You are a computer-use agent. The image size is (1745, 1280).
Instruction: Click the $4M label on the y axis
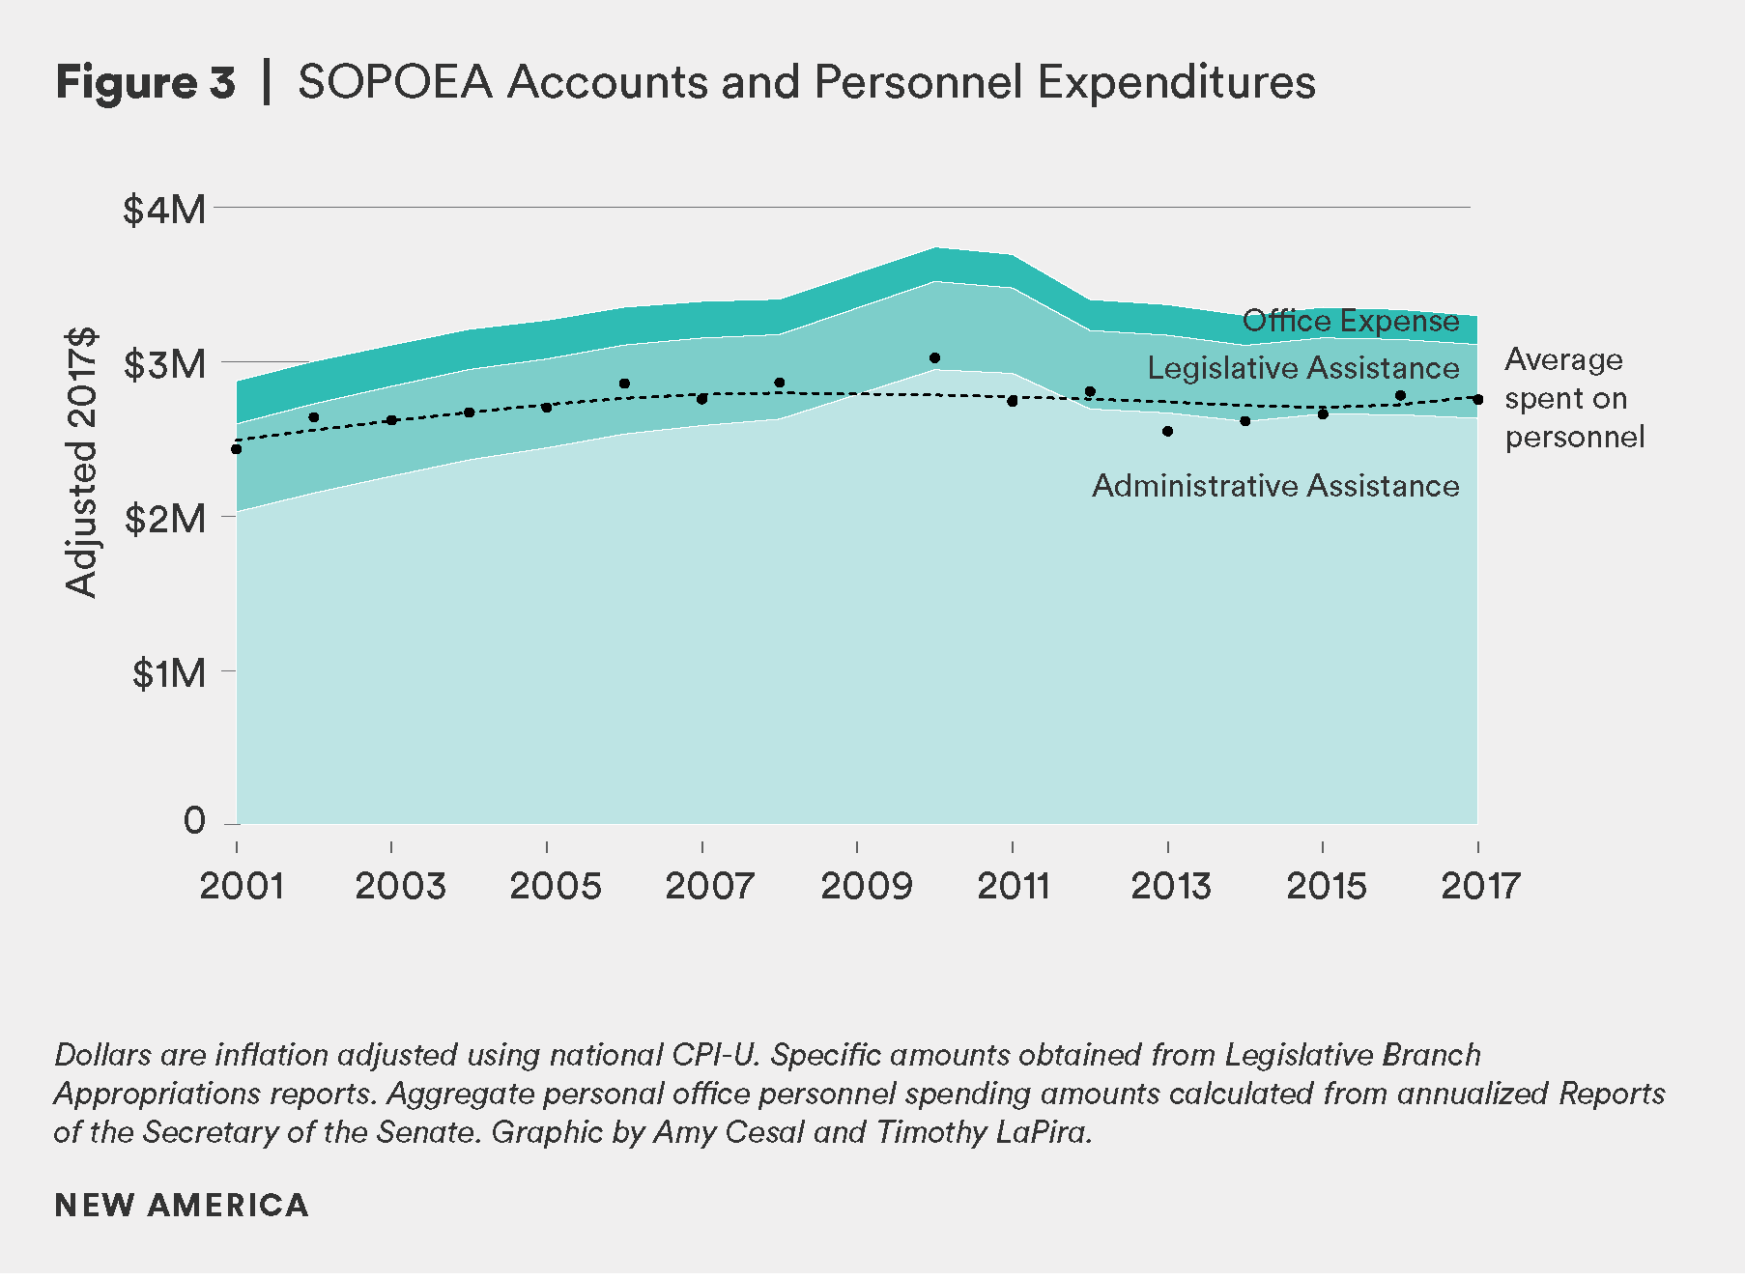click(x=164, y=210)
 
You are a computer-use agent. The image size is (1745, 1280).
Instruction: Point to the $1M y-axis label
click(x=169, y=673)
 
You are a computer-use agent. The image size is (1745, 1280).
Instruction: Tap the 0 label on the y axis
click(x=194, y=821)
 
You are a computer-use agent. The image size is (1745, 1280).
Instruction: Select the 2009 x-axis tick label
click(x=866, y=886)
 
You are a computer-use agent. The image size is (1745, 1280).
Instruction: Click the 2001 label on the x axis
click(x=242, y=886)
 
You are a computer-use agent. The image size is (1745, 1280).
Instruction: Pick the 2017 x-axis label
click(x=1480, y=886)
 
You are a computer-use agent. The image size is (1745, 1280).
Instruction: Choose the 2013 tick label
click(x=1170, y=886)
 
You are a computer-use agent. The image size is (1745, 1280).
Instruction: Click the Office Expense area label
click(x=1350, y=321)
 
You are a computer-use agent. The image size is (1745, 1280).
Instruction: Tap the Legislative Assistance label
click(x=1302, y=368)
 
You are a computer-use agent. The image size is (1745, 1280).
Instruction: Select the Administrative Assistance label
click(x=1275, y=486)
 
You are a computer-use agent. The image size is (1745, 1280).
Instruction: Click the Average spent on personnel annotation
click(x=1573, y=398)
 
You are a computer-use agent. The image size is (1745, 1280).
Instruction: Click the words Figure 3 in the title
click(x=145, y=82)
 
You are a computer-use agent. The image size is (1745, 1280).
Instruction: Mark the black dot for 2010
click(x=934, y=358)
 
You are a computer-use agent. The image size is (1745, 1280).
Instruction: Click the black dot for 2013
click(x=1167, y=432)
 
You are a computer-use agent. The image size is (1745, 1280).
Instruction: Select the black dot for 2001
click(x=236, y=449)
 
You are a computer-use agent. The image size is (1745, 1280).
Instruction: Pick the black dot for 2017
click(x=1477, y=400)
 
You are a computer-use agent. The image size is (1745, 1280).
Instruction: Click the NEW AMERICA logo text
click(x=182, y=1206)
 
